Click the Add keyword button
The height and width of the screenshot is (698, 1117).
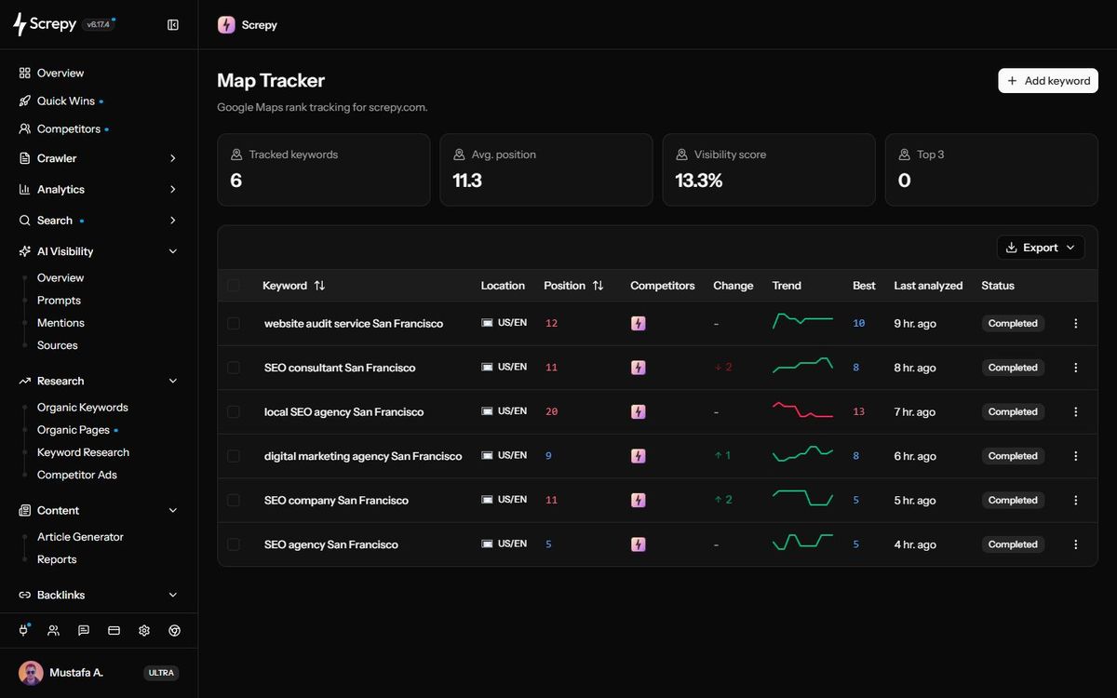pyautogui.click(x=1048, y=81)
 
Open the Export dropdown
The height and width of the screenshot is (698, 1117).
pyautogui.click(x=1041, y=248)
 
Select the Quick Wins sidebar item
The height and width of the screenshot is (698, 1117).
pyautogui.click(x=66, y=101)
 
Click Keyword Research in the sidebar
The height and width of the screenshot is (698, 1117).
pyautogui.click(x=83, y=452)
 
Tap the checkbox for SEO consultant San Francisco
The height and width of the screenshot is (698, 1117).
pyautogui.click(x=234, y=368)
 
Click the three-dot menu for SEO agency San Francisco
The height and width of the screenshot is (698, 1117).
pyautogui.click(x=1076, y=544)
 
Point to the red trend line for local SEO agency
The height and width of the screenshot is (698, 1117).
pyautogui.click(x=802, y=409)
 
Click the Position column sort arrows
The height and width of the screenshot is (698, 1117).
pyautogui.click(x=598, y=285)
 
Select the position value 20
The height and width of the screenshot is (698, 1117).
pyautogui.click(x=551, y=411)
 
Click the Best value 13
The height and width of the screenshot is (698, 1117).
pyautogui.click(x=858, y=411)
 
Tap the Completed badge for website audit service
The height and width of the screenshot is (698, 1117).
pyautogui.click(x=1013, y=323)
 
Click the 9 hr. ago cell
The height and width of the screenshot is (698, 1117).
pyautogui.click(x=914, y=324)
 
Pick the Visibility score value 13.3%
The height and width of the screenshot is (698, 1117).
pyautogui.click(x=698, y=181)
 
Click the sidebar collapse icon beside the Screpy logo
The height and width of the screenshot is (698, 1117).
pyautogui.click(x=172, y=25)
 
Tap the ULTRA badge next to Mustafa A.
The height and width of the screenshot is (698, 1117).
pyautogui.click(x=160, y=673)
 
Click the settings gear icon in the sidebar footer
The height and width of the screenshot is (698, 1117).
pyautogui.click(x=144, y=631)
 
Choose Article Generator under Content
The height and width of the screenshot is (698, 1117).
pyautogui.click(x=80, y=537)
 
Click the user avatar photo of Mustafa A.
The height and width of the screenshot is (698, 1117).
pyautogui.click(x=31, y=673)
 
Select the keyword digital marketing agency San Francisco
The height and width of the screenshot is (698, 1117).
pyautogui.click(x=362, y=456)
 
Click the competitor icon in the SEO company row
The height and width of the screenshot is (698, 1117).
pyautogui.click(x=638, y=500)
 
